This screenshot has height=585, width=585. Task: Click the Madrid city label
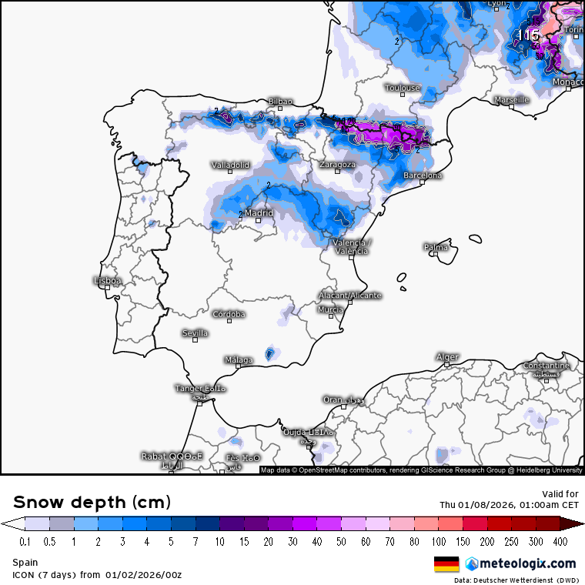pyautogui.click(x=259, y=213)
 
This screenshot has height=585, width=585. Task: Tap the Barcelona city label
pyautogui.click(x=423, y=175)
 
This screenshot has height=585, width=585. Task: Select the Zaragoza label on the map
pyautogui.click(x=338, y=165)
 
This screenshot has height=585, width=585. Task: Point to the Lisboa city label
pyautogui.click(x=107, y=281)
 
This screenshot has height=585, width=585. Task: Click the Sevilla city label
pyautogui.click(x=195, y=333)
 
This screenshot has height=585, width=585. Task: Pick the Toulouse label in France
pyautogui.click(x=403, y=88)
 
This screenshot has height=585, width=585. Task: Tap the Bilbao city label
pyautogui.click(x=280, y=102)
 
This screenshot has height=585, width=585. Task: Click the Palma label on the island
pyautogui.click(x=436, y=247)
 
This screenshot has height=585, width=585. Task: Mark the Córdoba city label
pyautogui.click(x=229, y=314)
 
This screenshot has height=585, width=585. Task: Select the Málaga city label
pyautogui.click(x=239, y=359)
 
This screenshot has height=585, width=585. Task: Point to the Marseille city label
pyautogui.click(x=512, y=100)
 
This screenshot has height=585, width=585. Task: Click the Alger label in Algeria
pyautogui.click(x=447, y=357)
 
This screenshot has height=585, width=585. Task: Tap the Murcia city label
pyautogui.click(x=331, y=309)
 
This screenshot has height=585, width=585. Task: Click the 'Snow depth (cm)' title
pyautogui.click(x=92, y=502)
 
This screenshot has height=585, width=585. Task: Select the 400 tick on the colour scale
pyautogui.click(x=560, y=542)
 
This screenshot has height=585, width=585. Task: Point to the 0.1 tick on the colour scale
pyautogui.click(x=25, y=542)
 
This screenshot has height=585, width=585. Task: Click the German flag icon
pyautogui.click(x=446, y=563)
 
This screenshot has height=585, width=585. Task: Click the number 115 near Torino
pyautogui.click(x=528, y=35)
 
